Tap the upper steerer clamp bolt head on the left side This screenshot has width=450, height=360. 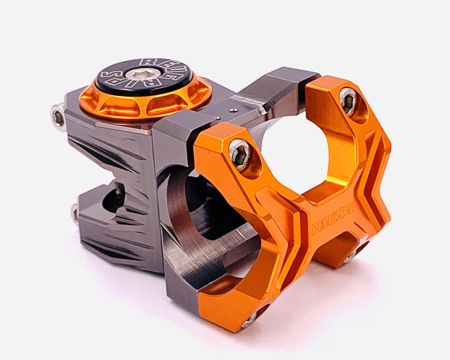(58, 117)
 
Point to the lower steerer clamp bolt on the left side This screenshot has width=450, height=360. (75, 214)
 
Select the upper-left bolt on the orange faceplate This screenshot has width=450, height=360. (240, 154)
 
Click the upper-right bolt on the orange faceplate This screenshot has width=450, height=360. (348, 101)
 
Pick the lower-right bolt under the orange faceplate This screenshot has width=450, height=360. (349, 257)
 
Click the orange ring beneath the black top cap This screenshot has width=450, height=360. (145, 103)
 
